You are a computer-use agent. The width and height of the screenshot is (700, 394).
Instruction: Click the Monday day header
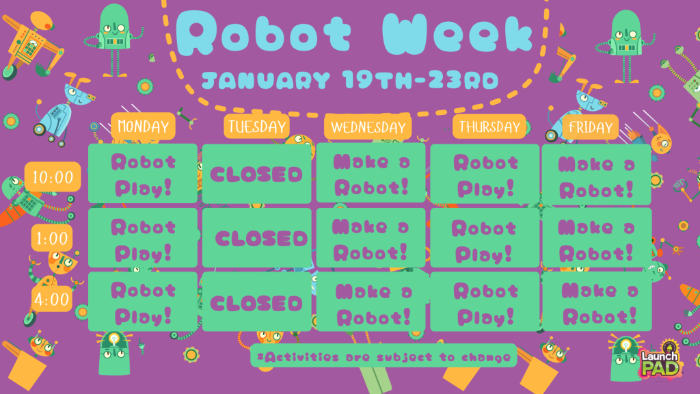143,127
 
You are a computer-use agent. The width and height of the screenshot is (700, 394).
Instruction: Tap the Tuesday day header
256,127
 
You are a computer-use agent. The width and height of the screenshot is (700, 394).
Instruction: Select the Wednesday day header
368,127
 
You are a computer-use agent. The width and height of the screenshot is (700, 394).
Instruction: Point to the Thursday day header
489,127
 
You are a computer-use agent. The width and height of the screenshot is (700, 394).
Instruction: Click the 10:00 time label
53,178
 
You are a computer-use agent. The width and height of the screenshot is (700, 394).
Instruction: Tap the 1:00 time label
52,238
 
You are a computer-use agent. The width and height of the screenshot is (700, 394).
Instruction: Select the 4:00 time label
52,299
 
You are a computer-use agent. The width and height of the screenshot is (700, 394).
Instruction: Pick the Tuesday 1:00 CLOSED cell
257,238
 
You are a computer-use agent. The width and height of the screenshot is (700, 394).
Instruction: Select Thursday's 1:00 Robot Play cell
485,239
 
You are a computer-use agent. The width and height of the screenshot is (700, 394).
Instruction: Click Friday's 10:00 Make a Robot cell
596,175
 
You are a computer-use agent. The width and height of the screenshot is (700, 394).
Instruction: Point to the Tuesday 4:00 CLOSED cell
256,302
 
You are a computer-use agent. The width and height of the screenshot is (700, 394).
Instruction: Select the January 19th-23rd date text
350,81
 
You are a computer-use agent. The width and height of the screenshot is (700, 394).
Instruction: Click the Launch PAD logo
659,362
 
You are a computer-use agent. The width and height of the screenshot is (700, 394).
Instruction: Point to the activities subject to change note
383,356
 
